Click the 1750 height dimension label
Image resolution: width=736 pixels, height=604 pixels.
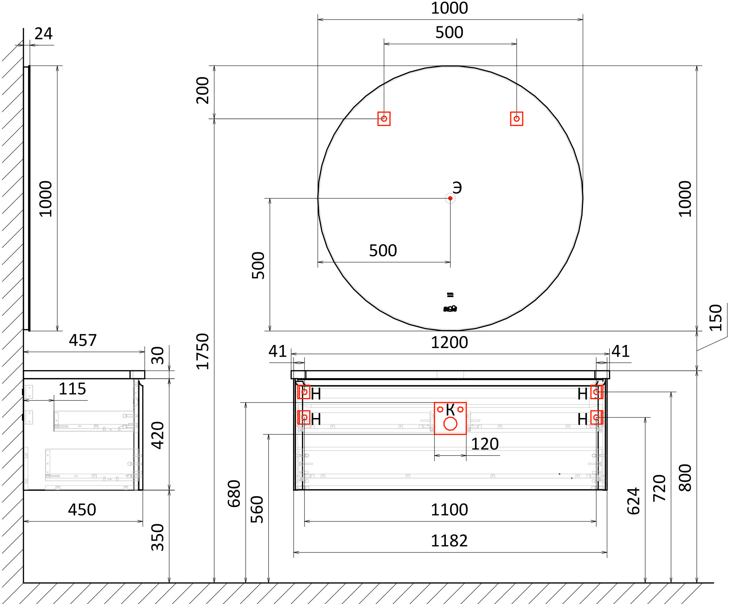click(202, 351)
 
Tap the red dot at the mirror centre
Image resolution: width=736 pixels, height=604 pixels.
click(450, 198)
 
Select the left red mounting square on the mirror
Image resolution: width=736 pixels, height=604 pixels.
click(384, 119)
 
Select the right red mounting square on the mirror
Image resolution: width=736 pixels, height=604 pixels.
click(516, 119)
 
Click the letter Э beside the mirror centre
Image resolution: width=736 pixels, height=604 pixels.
click(457, 188)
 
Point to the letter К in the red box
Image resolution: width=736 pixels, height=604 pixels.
click(450, 410)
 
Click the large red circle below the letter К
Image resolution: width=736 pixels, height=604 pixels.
click(450, 424)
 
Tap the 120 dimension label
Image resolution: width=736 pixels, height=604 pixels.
click(485, 444)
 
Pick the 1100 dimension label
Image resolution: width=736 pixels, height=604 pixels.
click(449, 510)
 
